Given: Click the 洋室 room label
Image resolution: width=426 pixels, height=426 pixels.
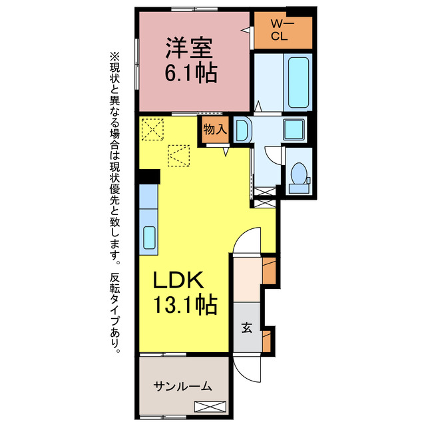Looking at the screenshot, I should point(189,49).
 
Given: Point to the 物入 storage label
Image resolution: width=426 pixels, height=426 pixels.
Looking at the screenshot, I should point(214,130).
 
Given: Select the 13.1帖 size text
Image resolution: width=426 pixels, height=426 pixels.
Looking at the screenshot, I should point(184,306).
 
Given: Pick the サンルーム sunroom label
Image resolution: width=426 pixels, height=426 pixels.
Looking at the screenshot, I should point(182,385).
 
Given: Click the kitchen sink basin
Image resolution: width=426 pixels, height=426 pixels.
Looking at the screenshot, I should point(149,237).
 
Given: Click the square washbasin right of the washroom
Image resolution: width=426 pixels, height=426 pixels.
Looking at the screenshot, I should point(294,129).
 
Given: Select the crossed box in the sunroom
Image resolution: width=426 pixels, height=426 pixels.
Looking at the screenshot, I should point(210,407).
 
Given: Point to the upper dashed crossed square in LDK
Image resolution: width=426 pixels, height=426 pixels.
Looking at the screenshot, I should point(153,128).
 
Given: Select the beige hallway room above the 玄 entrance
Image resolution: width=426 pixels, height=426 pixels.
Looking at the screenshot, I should point(247,274).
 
